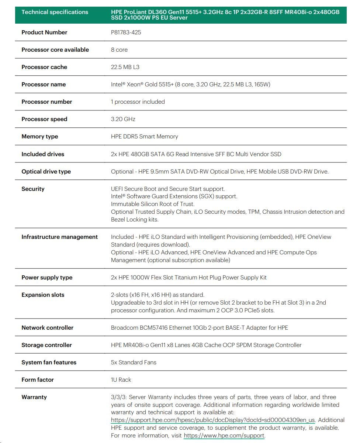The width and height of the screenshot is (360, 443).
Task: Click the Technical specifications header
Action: tap(55, 12)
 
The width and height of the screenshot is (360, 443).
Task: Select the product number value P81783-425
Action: tap(126, 32)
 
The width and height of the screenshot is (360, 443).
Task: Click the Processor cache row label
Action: tap(44, 67)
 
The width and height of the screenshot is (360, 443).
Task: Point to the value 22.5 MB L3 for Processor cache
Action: tap(125, 67)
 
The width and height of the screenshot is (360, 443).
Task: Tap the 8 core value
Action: tap(119, 50)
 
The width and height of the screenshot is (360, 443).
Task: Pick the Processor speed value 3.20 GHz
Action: tap(123, 119)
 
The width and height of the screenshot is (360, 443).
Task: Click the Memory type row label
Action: tap(39, 137)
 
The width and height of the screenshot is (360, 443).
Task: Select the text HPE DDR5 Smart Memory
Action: tap(144, 137)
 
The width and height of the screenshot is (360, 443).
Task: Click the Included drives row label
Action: tap(43, 154)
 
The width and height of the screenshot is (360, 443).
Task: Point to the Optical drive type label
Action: tap(46, 172)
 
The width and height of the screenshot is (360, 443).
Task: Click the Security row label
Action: tap(33, 189)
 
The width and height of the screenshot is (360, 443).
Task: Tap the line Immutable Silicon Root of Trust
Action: tap(153, 204)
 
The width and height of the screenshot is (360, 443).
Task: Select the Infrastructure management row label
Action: tap(59, 237)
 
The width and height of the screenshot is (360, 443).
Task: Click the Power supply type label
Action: tap(47, 278)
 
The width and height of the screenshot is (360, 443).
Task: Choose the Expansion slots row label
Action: tap(43, 295)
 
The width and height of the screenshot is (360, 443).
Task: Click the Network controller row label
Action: tap(47, 328)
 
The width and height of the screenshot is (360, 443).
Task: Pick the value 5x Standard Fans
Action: tap(134, 363)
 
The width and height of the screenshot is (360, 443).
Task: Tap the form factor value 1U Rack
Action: tap(121, 380)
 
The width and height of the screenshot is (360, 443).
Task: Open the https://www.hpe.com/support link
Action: tap(224, 436)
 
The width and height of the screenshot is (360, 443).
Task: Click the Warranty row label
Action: tap(34, 397)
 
